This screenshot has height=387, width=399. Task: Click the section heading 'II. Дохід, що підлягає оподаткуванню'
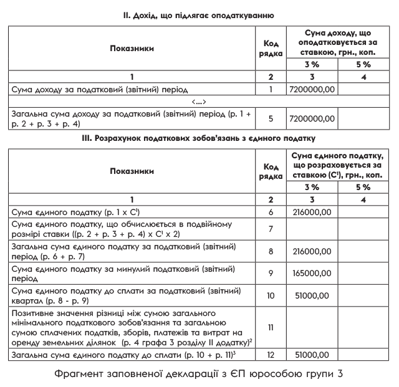(199, 14)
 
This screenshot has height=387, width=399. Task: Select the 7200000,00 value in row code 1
(312, 90)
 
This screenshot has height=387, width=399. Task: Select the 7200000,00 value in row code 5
(312, 117)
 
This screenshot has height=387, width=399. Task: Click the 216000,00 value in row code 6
(312, 212)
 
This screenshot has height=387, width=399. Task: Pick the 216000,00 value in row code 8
(312, 252)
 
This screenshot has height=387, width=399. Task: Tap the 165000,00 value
(312, 274)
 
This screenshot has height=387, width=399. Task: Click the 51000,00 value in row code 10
(312, 295)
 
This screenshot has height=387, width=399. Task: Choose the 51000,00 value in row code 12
(312, 355)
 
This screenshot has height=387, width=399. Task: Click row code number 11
(271, 327)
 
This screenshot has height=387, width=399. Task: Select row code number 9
(271, 274)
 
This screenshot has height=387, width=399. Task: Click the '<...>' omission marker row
(199, 102)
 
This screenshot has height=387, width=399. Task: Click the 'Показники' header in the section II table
(132, 49)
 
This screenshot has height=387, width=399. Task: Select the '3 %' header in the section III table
(312, 186)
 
